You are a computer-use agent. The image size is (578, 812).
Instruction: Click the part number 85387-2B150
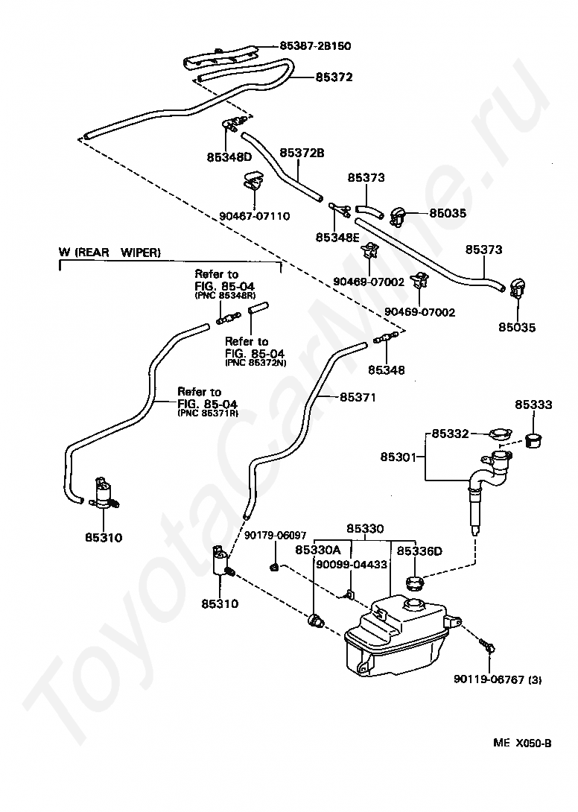tap(315, 45)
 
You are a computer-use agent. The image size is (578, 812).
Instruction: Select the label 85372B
tap(302, 153)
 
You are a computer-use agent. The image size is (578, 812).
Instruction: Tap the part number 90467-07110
tap(254, 216)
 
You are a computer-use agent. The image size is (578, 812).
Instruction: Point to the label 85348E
tap(337, 237)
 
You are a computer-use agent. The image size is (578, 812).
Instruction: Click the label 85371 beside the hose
tap(358, 397)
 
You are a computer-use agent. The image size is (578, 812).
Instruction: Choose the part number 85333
tap(533, 405)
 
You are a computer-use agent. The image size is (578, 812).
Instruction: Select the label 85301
tap(398, 457)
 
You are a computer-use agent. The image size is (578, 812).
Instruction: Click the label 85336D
tap(419, 551)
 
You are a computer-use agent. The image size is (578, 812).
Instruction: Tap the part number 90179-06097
tap(275, 536)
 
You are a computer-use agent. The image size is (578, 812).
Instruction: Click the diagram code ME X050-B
tap(522, 743)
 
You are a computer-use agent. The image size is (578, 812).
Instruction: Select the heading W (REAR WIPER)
tap(109, 253)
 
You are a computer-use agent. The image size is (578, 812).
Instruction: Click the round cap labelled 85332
tap(501, 434)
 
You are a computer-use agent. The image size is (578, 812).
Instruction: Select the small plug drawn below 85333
tap(533, 441)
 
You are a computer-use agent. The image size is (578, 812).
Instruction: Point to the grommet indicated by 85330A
tap(315, 619)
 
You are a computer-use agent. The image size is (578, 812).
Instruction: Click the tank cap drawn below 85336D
tap(416, 582)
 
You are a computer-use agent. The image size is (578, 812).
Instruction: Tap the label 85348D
tap(229, 157)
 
